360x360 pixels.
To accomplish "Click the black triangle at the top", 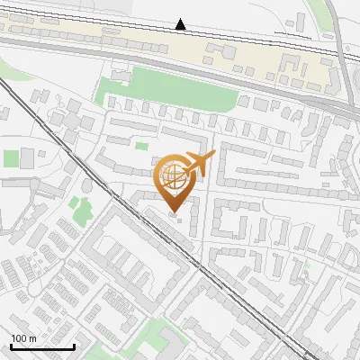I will pyautogui.click(x=181, y=24).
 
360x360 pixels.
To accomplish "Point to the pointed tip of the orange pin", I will pyautogui.click(x=175, y=212).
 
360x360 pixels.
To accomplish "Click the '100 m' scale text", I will pyautogui.click(x=23, y=338).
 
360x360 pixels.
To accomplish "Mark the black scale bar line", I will pyautogui.click(x=42, y=346).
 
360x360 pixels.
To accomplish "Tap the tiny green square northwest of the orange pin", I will pyautogui.click(x=141, y=146).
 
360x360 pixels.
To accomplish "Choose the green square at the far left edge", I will pyautogui.click(x=11, y=158).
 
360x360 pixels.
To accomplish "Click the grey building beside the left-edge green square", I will pyautogui.click(x=27, y=158).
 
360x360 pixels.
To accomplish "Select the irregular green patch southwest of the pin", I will pyautogui.click(x=83, y=211).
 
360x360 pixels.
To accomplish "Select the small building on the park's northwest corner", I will pyautogui.click(x=113, y=77).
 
